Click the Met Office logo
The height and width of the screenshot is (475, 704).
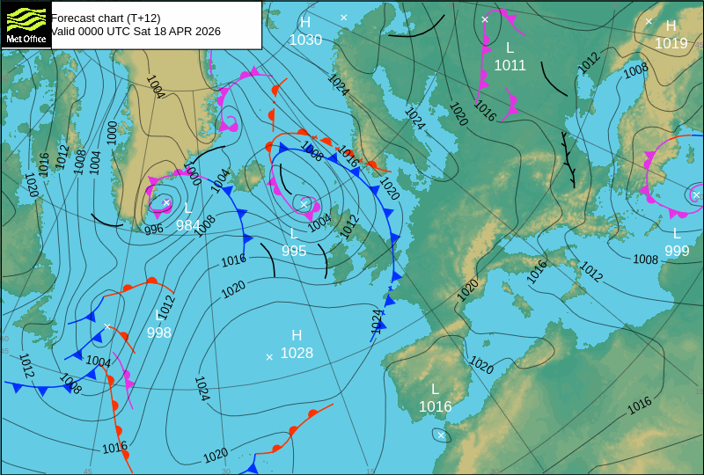(26, 24)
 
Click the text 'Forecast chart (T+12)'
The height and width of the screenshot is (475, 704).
(106, 18)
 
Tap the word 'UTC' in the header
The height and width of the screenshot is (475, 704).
(117, 31)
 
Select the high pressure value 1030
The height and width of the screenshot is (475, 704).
(305, 40)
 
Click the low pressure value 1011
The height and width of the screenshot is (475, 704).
(510, 65)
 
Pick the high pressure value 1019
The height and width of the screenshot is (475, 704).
(671, 43)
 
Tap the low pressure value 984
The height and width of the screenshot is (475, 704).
(187, 225)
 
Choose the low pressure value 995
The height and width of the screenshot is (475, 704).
(294, 251)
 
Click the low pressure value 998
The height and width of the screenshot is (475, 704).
(159, 332)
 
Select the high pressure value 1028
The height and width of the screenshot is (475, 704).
(297, 353)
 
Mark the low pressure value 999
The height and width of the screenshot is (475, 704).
(677, 251)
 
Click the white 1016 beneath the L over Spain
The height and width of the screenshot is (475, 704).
(435, 406)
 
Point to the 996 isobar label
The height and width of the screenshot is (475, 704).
(154, 230)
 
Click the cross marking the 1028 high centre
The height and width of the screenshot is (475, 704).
(269, 356)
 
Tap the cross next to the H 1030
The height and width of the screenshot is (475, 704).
(344, 18)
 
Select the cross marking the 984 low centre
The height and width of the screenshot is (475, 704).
(166, 202)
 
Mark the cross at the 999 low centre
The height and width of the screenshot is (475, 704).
(696, 194)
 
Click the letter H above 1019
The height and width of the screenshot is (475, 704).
(671, 26)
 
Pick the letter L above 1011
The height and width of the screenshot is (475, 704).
(510, 47)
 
